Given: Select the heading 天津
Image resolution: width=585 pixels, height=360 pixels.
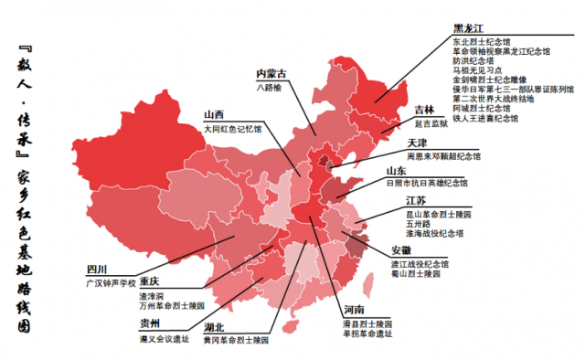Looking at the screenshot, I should (x=417, y=143).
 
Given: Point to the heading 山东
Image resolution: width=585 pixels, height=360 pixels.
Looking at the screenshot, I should (x=395, y=171).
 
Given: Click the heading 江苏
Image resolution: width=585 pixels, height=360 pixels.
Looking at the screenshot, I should (x=417, y=201).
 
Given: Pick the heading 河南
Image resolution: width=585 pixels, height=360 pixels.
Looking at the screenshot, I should (x=356, y=311).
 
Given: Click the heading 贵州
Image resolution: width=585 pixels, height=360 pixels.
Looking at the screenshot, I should (x=149, y=323).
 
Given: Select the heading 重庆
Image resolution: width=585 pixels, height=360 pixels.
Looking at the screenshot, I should (x=149, y=281).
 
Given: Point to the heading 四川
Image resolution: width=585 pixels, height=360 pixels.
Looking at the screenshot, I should (x=96, y=270).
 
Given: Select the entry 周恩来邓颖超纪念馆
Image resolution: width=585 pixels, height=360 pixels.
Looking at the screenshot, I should (x=440, y=155).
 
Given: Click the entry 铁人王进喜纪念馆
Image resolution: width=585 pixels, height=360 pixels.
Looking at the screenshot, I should (x=484, y=119).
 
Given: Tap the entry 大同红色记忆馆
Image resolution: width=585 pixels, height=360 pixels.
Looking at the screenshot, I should (x=232, y=130).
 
